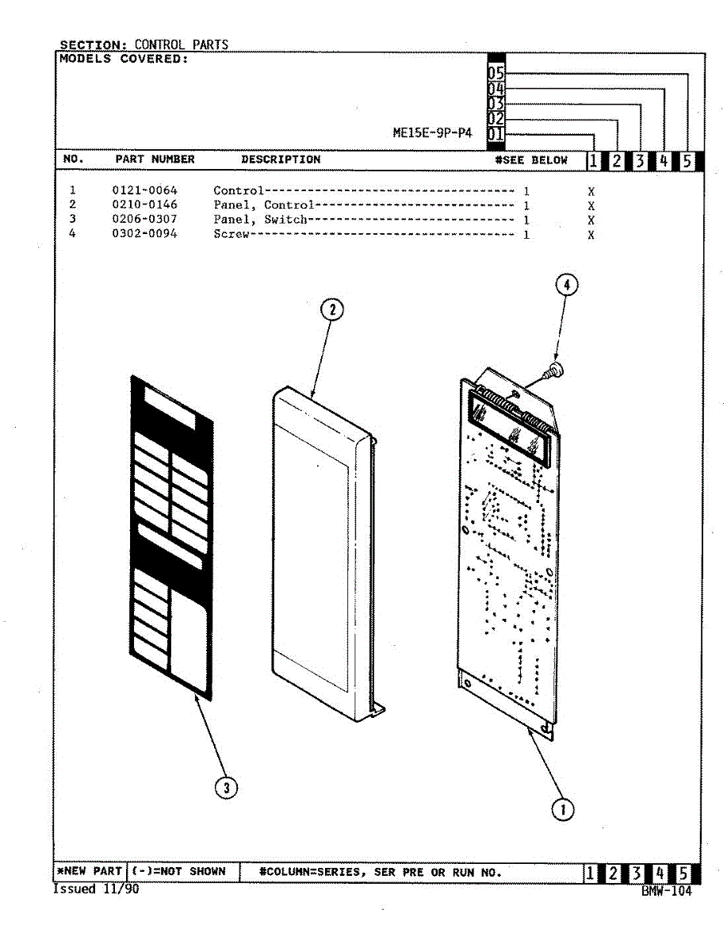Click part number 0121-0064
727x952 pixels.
tap(144, 191)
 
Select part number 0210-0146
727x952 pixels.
tap(144, 205)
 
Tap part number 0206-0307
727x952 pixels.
tap(144, 220)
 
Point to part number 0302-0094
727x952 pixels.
tap(144, 234)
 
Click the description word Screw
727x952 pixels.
tap(231, 235)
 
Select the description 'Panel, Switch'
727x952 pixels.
tap(259, 220)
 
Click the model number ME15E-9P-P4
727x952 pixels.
tap(432, 133)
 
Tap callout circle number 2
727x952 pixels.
tap(332, 310)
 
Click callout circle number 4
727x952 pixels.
tap(565, 284)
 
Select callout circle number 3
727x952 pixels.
tap(227, 787)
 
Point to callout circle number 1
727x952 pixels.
tap(562, 809)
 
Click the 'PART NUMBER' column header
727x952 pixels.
tap(155, 159)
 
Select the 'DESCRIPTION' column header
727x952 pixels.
tap(281, 159)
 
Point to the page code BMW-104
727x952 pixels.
tap(667, 891)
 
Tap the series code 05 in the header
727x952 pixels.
tap(496, 73)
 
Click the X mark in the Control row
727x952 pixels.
tap(591, 192)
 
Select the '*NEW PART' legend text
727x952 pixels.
tap(90, 872)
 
